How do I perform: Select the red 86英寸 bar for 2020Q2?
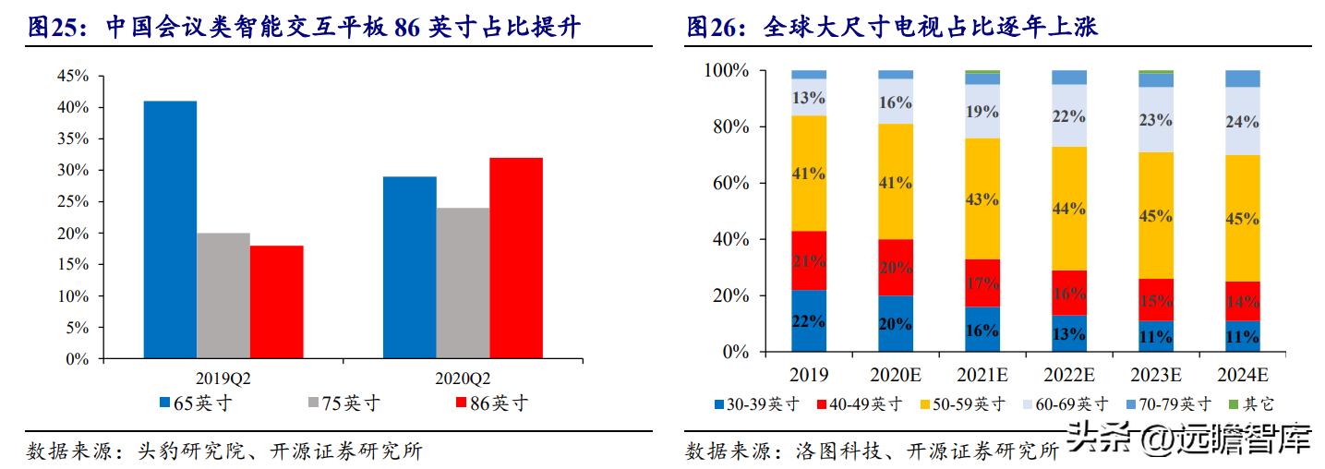[516, 258]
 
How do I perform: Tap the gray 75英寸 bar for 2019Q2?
[223, 295]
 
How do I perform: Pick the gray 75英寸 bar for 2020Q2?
[463, 283]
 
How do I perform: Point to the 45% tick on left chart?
[73, 77]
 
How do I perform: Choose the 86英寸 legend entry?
[492, 403]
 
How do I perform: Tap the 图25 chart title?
[305, 28]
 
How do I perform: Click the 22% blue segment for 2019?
[808, 320]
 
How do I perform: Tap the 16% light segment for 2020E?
[895, 102]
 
